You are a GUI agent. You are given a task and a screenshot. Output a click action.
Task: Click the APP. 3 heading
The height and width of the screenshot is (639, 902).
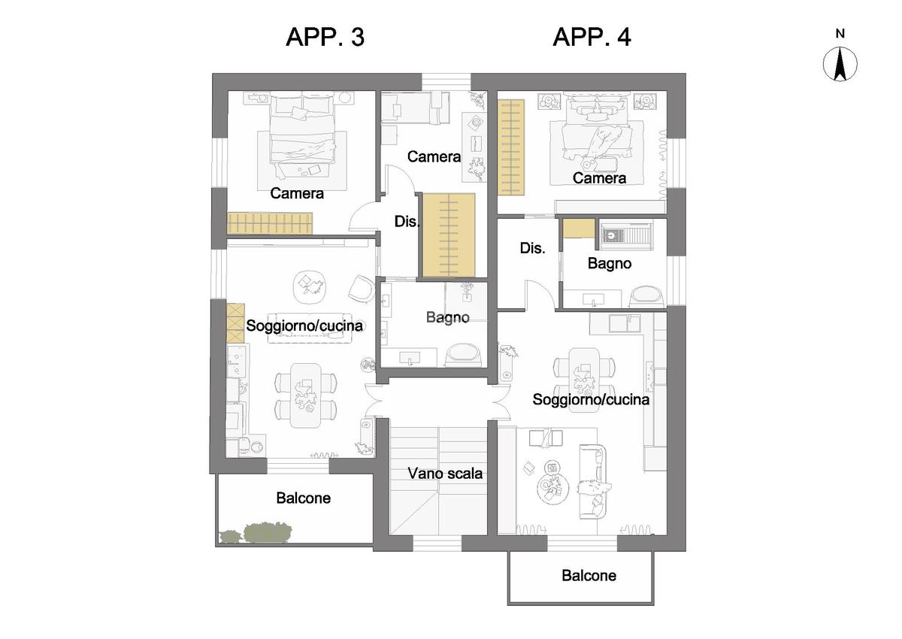(325, 37)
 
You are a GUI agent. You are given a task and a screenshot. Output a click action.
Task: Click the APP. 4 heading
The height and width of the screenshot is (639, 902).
(592, 37)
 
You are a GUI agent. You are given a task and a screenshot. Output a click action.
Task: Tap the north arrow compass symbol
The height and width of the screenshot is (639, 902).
(840, 65)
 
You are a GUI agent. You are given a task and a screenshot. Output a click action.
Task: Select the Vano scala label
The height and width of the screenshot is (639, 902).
(445, 474)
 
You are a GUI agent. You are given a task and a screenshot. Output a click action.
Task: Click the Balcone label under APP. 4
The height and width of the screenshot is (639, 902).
(589, 576)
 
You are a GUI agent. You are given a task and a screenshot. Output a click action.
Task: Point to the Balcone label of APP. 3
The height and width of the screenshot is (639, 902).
(303, 498)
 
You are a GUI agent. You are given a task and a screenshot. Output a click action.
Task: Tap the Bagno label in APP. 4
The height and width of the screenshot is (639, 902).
(610, 264)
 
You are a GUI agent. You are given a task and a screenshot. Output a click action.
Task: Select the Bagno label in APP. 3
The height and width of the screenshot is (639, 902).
(448, 318)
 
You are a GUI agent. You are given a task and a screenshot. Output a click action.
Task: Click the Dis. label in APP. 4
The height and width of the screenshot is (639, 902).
(532, 248)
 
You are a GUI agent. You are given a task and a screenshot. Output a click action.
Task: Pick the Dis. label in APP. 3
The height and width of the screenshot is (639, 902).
(407, 222)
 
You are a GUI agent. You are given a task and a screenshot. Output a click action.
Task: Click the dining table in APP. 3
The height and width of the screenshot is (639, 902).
(306, 395)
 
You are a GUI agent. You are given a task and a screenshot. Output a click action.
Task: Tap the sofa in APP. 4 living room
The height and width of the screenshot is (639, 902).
(592, 482)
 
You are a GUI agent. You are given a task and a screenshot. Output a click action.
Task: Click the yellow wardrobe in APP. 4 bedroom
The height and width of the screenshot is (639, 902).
(511, 147)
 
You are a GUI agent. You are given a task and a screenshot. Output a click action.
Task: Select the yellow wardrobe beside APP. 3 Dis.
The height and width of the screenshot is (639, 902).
(449, 235)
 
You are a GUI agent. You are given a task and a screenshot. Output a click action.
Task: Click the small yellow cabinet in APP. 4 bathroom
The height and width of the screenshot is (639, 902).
(579, 229)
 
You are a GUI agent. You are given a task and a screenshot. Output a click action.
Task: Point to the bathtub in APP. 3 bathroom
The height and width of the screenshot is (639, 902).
(465, 355)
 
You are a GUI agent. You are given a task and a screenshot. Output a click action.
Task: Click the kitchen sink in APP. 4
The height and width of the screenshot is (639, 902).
(624, 323)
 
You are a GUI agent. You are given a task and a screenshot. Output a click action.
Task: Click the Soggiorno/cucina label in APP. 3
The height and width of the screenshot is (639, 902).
(304, 326)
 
